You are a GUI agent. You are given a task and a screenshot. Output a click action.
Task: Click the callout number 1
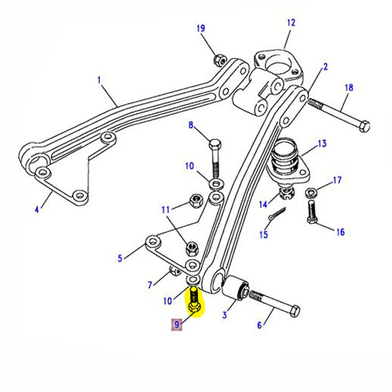pyautogui.click(x=99, y=79)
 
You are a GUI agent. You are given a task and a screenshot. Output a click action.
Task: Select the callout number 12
pyautogui.click(x=291, y=23)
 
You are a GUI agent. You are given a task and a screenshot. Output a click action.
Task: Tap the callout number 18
pyautogui.click(x=348, y=88)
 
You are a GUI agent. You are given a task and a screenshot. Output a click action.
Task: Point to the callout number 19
pyautogui.click(x=201, y=28)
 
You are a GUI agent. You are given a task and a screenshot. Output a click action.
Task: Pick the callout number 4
pyautogui.click(x=36, y=210)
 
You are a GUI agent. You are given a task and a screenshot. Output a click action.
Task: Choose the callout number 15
pyautogui.click(x=264, y=235)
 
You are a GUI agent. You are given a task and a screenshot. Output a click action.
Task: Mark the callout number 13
pyautogui.click(x=321, y=144)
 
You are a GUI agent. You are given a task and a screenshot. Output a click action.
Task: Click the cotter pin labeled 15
pyautogui.click(x=278, y=214)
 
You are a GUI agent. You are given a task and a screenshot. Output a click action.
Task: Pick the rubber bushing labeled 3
pyautogui.click(x=236, y=289)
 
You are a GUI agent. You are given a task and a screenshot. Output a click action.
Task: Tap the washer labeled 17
pyautogui.click(x=311, y=192)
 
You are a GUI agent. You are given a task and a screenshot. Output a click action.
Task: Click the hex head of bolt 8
pyautogui.click(x=214, y=146)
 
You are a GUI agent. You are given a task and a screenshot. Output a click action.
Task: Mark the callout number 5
pyautogui.click(x=120, y=258)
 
